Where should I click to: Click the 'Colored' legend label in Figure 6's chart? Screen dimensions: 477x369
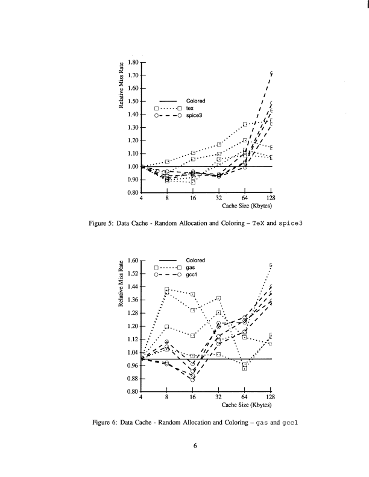tap(195, 260)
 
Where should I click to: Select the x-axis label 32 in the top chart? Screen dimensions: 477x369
tap(219, 198)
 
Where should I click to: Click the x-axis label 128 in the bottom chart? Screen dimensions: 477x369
tap(271, 397)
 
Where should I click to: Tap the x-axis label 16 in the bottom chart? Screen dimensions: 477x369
tap(193, 397)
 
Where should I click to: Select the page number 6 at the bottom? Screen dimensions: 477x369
tap(195, 446)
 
